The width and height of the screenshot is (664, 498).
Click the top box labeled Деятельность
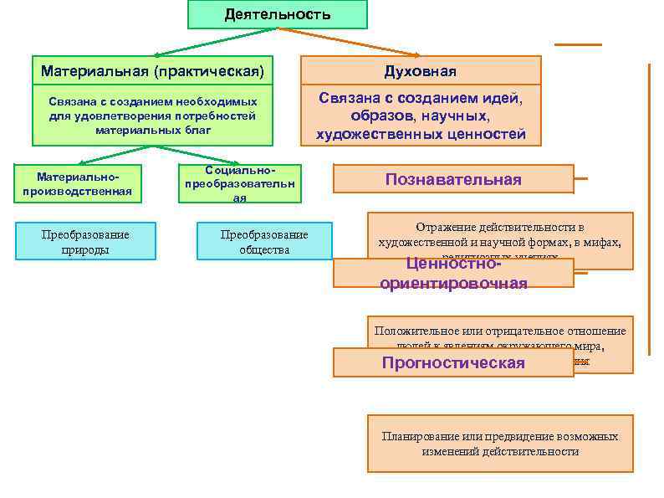[x=277, y=14]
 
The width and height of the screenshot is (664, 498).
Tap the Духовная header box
[x=420, y=71]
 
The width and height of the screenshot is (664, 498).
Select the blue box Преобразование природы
[x=85, y=241]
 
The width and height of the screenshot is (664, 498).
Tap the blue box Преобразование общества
[x=264, y=241]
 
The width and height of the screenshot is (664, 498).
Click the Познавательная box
[x=453, y=179]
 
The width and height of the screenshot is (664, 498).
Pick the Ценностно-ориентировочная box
[x=453, y=274]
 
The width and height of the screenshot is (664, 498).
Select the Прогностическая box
[x=453, y=362]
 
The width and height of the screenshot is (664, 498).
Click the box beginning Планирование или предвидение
[x=500, y=444]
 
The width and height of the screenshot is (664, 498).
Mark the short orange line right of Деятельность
[x=577, y=44]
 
